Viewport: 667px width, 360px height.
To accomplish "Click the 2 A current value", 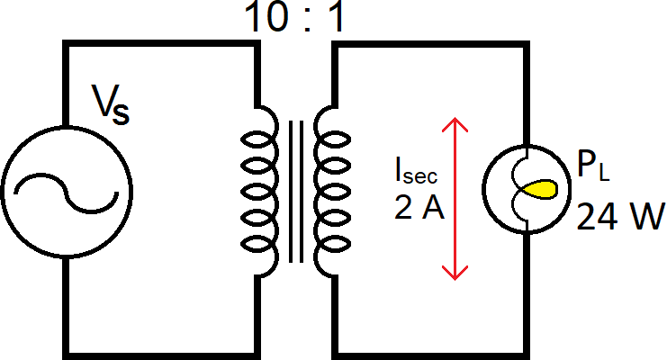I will [x=419, y=209].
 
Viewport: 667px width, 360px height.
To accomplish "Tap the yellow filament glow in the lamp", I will [x=541, y=190].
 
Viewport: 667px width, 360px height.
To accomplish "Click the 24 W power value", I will [x=619, y=217].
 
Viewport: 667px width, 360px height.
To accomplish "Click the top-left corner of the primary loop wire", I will [x=66, y=43].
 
